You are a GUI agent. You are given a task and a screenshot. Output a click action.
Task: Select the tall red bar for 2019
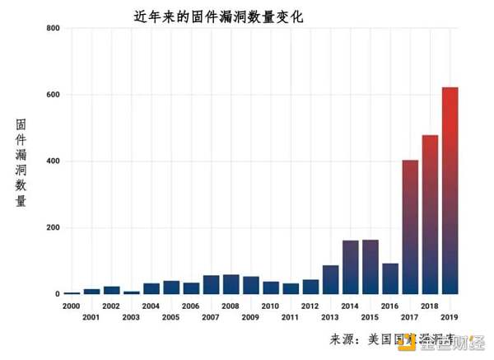coord(450,190)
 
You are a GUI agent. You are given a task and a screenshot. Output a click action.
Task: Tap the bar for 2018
coord(430,214)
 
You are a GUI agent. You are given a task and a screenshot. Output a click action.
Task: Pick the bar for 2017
coord(410,227)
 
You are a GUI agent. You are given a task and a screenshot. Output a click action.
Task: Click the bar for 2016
coord(390,278)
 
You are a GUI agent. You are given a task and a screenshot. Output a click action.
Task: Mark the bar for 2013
coord(330,279)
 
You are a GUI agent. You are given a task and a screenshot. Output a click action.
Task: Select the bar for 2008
coord(231,284)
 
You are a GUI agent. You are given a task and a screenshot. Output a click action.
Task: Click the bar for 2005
coord(171,288)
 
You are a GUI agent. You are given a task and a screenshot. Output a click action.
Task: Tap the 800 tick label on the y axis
coord(54,29)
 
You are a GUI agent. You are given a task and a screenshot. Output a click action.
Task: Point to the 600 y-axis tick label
coord(54,95)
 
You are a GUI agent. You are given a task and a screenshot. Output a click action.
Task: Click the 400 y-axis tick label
coord(54,161)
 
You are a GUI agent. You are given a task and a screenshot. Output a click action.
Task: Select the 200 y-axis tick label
coord(54,228)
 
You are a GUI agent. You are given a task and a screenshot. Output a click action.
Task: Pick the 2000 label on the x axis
coord(72,306)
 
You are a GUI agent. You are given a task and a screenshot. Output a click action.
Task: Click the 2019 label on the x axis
coord(450,317)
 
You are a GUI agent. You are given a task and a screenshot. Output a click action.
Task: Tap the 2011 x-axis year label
coord(291,317)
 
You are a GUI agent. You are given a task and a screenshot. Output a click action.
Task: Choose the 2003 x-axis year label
coord(132,317)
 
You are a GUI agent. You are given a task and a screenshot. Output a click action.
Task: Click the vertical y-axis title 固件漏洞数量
coord(22,163)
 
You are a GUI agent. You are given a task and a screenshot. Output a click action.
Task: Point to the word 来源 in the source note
coord(343,339)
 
